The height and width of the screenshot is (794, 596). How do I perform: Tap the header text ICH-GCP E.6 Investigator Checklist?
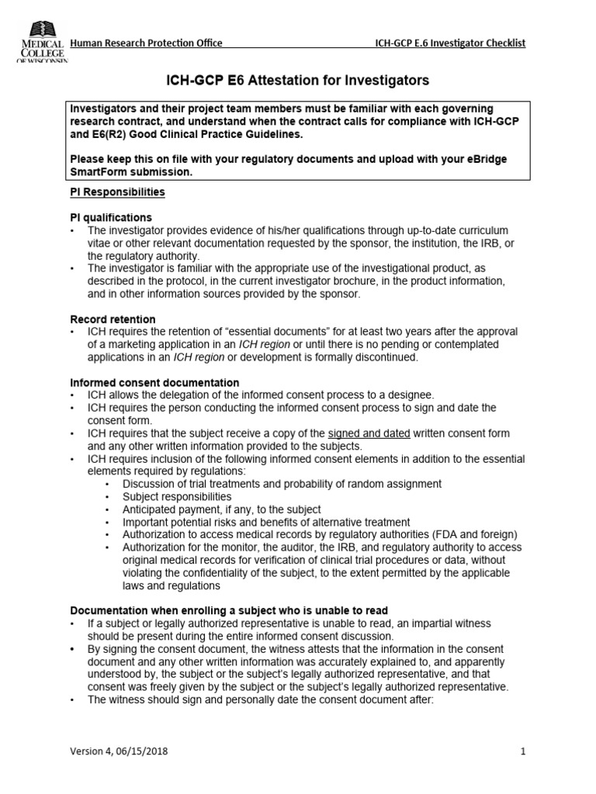pyautogui.click(x=449, y=43)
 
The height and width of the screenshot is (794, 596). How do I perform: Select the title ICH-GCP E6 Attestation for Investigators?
pyautogui.click(x=298, y=81)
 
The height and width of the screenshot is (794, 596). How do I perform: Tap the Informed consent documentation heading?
pyautogui.click(x=154, y=383)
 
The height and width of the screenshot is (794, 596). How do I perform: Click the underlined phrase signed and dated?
pyautogui.click(x=369, y=433)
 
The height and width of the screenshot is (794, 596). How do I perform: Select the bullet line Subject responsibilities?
pyautogui.click(x=177, y=496)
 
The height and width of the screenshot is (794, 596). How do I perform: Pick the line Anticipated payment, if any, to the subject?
pyautogui.click(x=221, y=509)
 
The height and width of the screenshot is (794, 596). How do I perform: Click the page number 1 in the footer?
pyautogui.click(x=523, y=751)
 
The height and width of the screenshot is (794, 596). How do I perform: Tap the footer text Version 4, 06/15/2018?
pyautogui.click(x=119, y=751)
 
